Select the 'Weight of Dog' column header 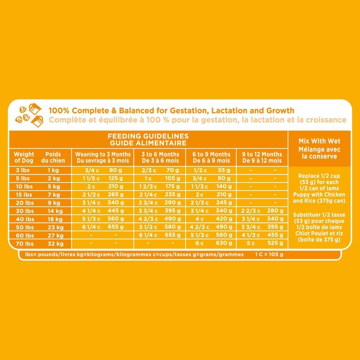point(24,157)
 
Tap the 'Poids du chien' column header point(53,157)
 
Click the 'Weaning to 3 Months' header point(103,157)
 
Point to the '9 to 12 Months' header point(262,157)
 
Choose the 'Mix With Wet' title point(315,141)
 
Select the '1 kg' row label point(53,170)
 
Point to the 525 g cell point(276,244)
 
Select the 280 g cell point(276,210)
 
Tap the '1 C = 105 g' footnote point(269,255)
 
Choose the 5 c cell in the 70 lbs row point(250,244)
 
